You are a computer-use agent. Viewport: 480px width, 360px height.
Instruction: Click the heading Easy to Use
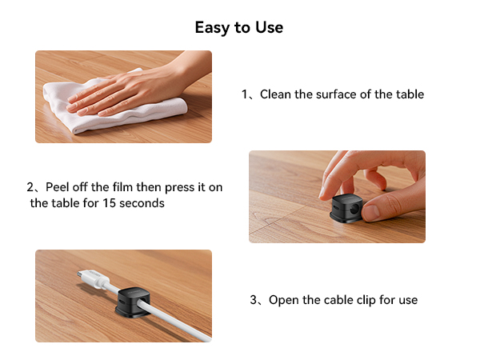point(239,27)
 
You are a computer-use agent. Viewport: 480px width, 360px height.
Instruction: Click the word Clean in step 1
point(275,94)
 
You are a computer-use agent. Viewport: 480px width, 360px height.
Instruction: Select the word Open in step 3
point(283,301)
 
